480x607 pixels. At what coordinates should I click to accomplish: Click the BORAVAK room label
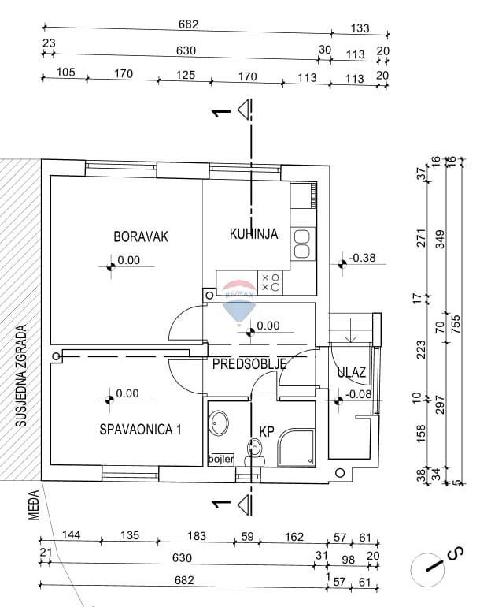click(x=141, y=236)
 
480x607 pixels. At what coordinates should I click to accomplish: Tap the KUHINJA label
click(x=253, y=233)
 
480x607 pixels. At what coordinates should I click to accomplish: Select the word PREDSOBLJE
click(x=249, y=363)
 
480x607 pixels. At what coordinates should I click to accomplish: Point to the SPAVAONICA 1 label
click(x=141, y=430)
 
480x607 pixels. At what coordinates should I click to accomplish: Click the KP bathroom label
click(x=267, y=431)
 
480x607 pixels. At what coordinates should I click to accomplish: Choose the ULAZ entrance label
click(x=349, y=373)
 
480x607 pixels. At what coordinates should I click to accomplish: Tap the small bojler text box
click(x=221, y=459)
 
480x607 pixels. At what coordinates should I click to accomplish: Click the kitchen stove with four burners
click(x=270, y=282)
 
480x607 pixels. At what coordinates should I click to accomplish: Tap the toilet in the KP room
click(x=253, y=451)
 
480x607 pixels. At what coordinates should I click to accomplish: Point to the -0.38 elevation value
click(x=363, y=257)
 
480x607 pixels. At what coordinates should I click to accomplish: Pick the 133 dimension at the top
click(x=360, y=28)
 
